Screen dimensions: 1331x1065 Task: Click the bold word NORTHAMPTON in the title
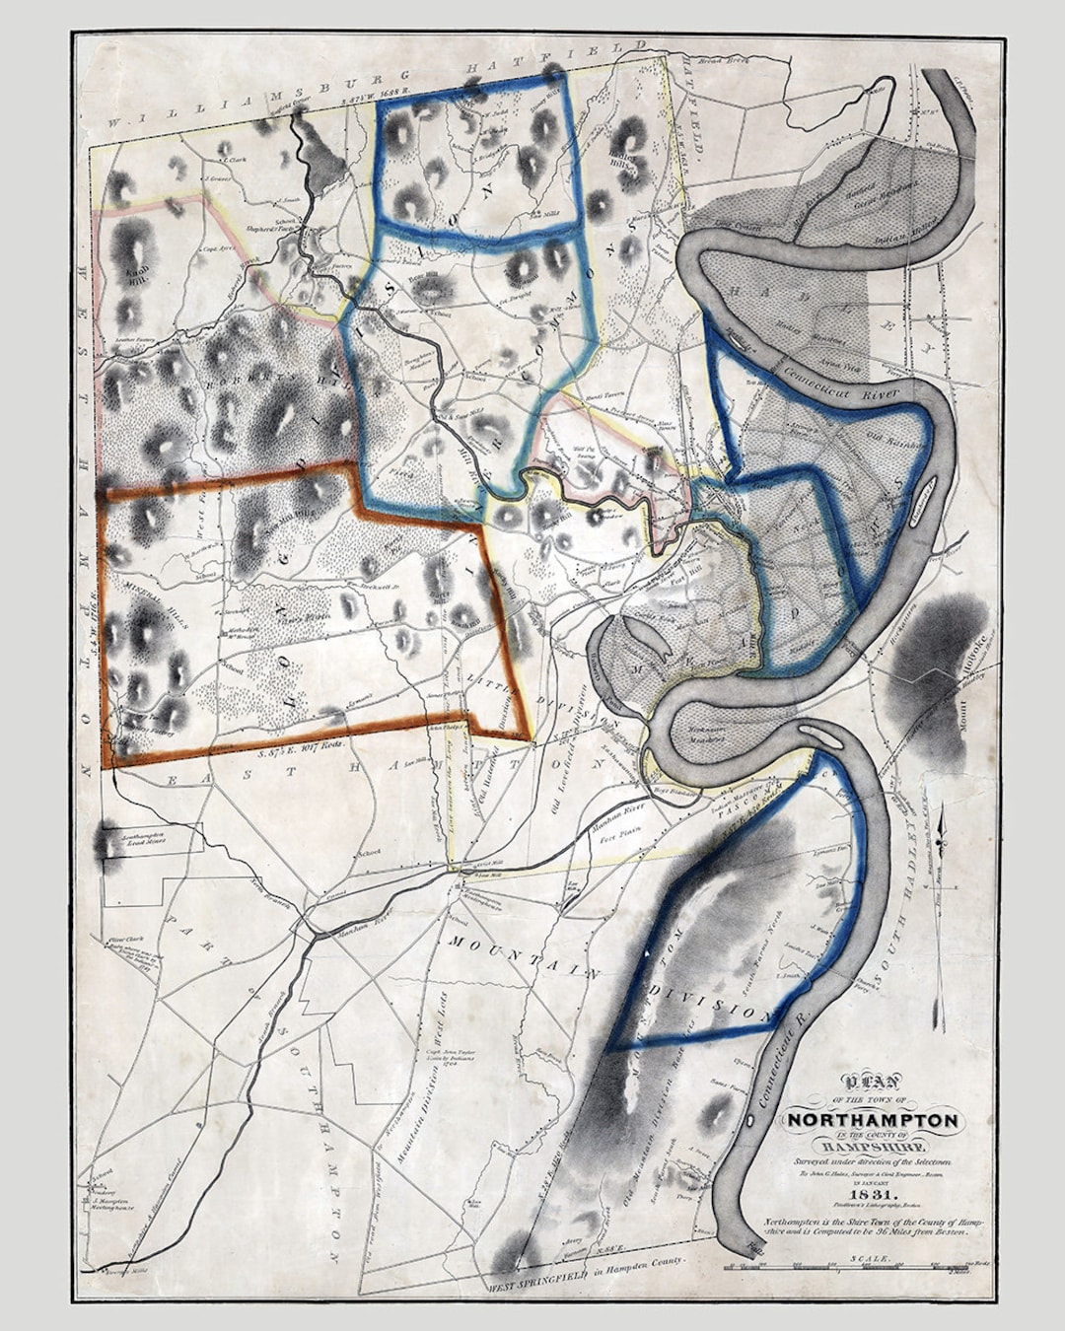[x=873, y=1121]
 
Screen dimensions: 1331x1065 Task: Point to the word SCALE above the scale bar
[x=873, y=1259]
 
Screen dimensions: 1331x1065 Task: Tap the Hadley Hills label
[x=623, y=163]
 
